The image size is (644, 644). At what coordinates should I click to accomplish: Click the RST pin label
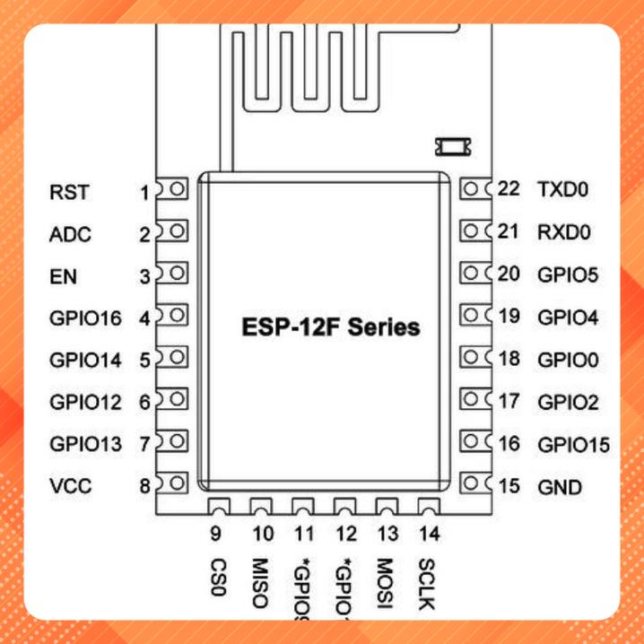(x=65, y=192)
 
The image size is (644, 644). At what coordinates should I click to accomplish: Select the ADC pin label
(x=70, y=235)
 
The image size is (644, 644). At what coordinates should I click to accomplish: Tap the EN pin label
(x=64, y=277)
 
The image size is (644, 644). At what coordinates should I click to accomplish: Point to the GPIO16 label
(x=86, y=318)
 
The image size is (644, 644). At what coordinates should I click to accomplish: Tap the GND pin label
(x=559, y=488)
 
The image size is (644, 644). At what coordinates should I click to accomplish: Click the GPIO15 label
(x=573, y=445)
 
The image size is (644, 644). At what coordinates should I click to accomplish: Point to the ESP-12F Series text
(x=331, y=326)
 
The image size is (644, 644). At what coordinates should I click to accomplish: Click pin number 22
(x=509, y=189)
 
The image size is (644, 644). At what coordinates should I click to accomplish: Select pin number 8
(x=144, y=487)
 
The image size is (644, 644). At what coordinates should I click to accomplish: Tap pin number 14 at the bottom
(x=429, y=535)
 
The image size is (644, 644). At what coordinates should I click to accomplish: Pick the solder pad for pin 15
(x=472, y=485)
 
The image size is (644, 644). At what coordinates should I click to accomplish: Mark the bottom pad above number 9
(x=218, y=508)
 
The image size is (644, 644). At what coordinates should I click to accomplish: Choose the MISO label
(x=261, y=584)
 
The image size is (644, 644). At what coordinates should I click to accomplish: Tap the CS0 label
(x=216, y=579)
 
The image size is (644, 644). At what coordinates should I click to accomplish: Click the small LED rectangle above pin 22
(x=446, y=144)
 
